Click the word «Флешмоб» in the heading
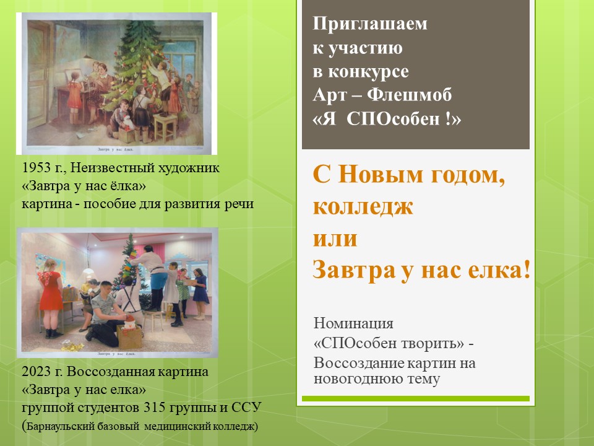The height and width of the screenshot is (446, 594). coord(409,95)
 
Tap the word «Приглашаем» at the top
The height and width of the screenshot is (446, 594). coord(370,24)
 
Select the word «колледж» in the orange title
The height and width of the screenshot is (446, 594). coord(363,207)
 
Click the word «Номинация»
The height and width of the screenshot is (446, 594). coord(353,323)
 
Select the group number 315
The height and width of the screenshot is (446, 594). coord(155,408)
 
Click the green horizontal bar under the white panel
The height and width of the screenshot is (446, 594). coord(416,398)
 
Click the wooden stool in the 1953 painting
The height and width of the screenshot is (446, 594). coord(165,126)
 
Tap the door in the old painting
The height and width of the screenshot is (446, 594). coord(38,72)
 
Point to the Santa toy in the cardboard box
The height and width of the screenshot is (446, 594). coord(130,323)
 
